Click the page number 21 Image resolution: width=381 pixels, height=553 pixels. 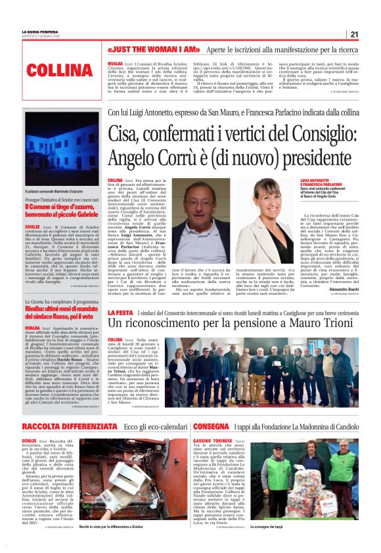click(x=353, y=35)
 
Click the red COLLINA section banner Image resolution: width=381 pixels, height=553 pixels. click(x=55, y=69)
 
